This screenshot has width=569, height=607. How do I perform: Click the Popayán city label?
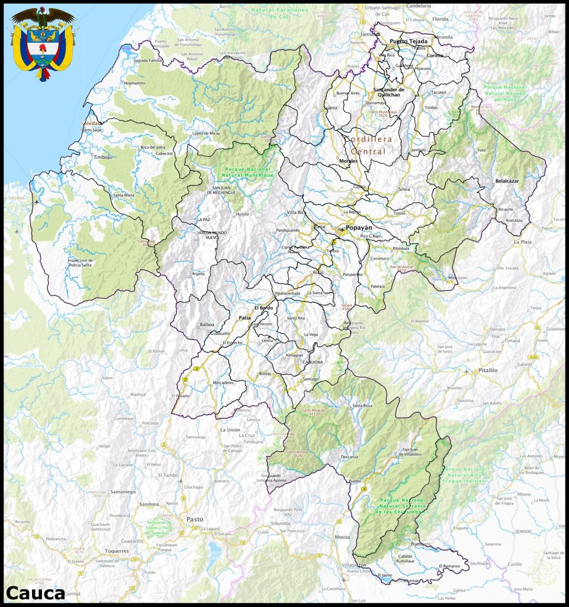click(x=361, y=228)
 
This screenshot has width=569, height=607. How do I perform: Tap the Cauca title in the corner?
click(x=36, y=593)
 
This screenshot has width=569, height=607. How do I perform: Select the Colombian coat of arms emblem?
click(x=43, y=43)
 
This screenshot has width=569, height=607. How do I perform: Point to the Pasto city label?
click(x=195, y=519)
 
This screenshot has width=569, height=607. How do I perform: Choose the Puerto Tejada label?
click(x=408, y=41)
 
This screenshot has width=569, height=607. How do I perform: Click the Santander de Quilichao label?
click(x=388, y=92)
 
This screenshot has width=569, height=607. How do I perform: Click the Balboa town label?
click(x=207, y=325)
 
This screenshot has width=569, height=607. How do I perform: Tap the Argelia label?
click(x=198, y=274)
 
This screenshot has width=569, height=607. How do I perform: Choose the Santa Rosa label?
click(x=362, y=405)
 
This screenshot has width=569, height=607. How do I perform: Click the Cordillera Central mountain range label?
click(x=366, y=145)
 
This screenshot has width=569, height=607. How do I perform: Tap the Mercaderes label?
click(x=223, y=382)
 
